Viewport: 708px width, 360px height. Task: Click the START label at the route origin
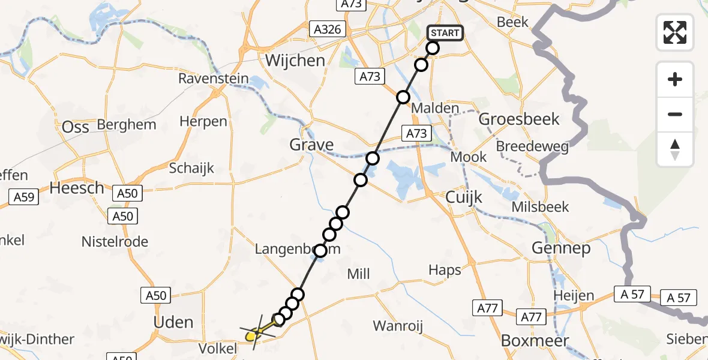[445, 33]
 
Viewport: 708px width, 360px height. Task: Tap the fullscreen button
[675, 32]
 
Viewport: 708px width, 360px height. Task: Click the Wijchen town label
[295, 61]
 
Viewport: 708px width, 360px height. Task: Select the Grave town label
[311, 145]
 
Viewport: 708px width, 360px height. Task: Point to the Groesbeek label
[519, 119]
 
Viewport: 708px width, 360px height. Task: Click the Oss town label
[76, 127]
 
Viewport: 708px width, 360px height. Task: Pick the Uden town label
[173, 322]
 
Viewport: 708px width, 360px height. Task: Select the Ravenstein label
[212, 79]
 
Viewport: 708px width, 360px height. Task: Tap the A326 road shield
[326, 29]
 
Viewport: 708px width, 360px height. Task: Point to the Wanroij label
[398, 326]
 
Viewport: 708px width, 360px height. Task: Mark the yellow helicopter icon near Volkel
[256, 332]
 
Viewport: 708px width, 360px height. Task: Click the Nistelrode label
[115, 242]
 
